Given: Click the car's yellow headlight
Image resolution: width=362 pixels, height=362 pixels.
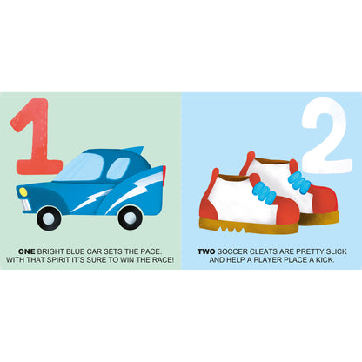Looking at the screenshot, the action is tap(23, 191).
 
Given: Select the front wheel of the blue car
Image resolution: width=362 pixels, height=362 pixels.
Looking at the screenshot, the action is tap(49, 218).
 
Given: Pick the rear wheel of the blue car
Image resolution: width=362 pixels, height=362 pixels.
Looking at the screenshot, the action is tap(131, 218).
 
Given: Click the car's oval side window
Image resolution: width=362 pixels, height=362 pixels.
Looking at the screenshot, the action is tap(118, 168).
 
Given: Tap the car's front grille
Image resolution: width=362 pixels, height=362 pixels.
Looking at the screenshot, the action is tap(25, 204).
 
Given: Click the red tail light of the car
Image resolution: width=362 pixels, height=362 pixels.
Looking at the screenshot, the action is tap(164, 176).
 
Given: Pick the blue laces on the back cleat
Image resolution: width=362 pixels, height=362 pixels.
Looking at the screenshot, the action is tap(299, 182).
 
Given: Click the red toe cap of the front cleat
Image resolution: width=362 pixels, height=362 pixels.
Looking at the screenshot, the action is tap(286, 210).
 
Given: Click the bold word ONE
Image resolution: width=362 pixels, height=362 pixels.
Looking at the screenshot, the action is tap(27, 251).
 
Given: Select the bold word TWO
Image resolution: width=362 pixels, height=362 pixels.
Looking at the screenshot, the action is tap(206, 251).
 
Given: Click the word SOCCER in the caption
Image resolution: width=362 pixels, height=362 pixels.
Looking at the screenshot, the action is tap(232, 251).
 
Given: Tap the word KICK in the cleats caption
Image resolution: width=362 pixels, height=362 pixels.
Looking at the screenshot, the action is tap(325, 260).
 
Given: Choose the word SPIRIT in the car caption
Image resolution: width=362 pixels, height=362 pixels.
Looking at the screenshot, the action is tap(58, 260).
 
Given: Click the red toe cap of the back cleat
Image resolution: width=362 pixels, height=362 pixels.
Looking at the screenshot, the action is tap(325, 201).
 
